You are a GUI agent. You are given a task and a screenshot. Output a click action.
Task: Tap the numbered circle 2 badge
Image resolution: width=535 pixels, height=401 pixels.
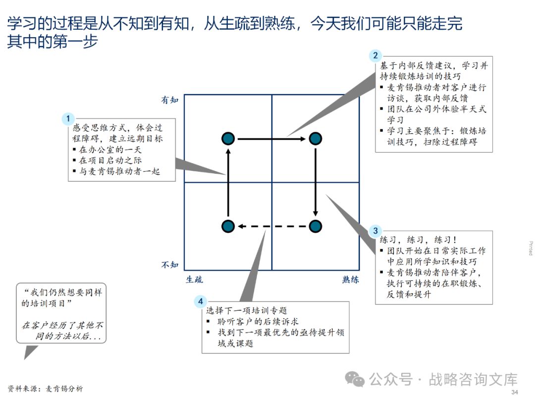point(375,55)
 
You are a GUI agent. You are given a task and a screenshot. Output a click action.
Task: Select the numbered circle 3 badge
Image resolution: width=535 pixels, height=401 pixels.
point(375,231)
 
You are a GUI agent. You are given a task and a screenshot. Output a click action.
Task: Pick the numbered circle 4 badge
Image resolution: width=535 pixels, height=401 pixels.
point(200,301)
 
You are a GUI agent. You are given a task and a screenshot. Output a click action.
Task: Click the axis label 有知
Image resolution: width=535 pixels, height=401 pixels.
point(169,100)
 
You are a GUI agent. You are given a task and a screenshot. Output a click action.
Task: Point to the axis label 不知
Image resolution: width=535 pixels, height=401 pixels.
point(169,265)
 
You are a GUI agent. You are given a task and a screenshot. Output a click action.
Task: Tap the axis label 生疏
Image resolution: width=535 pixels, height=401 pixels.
point(194,279)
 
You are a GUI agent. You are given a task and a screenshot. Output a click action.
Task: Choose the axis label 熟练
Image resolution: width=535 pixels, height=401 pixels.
point(350,279)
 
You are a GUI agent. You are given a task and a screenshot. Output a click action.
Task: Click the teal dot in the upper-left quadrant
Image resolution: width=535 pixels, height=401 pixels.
point(228,139)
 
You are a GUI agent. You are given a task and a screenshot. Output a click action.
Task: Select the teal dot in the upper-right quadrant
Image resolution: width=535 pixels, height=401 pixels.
point(316,139)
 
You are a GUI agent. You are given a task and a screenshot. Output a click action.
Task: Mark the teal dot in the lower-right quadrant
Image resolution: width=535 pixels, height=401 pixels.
point(316,226)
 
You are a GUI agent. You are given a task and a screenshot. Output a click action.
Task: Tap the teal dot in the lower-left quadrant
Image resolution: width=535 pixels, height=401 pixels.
point(228,226)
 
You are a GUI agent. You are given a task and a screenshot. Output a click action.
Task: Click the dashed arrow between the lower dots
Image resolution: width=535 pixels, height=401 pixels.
point(271,226)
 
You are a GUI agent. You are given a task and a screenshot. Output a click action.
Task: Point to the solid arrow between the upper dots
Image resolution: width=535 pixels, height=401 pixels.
point(271,139)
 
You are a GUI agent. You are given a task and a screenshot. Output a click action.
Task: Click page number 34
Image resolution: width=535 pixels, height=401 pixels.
point(514,393)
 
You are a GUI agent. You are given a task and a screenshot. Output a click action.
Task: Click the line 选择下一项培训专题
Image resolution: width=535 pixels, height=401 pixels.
point(247,310)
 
